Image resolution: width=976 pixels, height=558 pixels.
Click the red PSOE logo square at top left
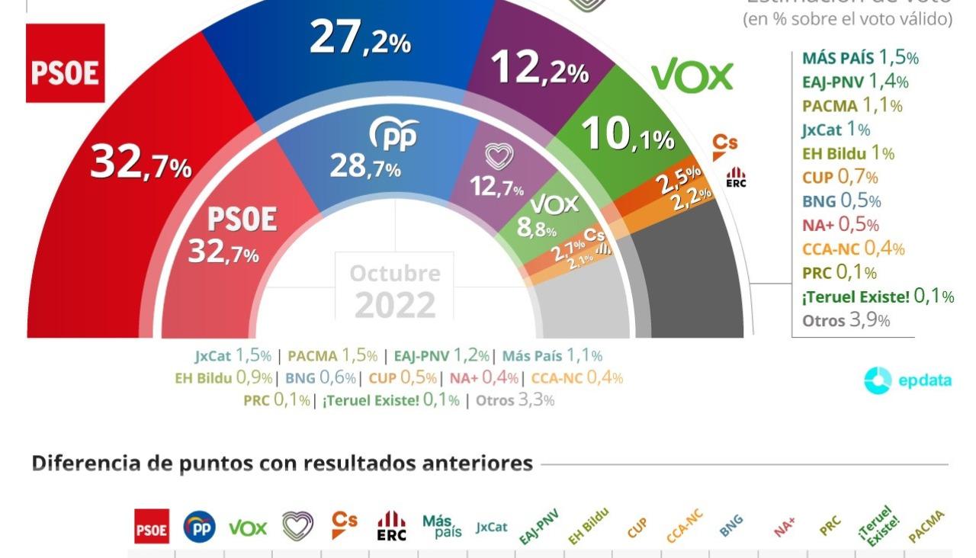65,63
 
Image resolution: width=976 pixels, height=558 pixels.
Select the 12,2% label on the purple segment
540,69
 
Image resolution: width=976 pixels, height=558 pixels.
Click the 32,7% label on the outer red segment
140,163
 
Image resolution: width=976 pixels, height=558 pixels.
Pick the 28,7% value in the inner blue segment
365,166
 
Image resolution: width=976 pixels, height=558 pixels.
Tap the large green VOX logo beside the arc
692,76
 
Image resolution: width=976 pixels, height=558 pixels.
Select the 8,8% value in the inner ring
537,227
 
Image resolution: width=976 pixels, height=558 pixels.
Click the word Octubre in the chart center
395,273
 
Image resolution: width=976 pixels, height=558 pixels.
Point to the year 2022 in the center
395,306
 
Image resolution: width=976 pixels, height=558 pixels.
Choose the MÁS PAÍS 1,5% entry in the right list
860,57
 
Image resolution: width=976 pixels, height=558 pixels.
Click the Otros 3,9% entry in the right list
846,320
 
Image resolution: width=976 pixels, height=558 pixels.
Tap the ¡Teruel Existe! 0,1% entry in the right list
878,297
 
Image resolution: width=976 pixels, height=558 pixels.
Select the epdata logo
907,380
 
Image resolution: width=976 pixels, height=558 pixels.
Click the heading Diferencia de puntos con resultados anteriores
282,463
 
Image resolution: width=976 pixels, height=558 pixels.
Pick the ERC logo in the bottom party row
391,526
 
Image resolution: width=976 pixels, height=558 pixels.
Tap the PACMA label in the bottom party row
926,526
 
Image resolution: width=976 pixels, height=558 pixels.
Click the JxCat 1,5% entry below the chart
233,355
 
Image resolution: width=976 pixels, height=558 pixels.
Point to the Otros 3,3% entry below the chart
515,399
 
